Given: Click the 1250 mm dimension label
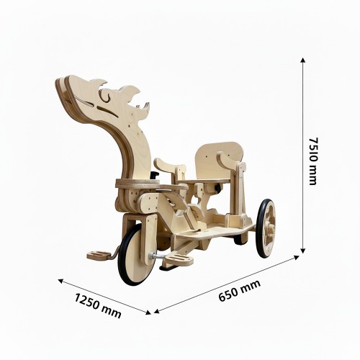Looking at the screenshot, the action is (x=98, y=305).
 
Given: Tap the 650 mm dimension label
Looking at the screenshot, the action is (x=240, y=290).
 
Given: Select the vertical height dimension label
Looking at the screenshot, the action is (x=312, y=161).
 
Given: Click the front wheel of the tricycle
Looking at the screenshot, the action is (x=132, y=254).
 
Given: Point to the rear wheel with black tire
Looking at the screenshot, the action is (x=266, y=228).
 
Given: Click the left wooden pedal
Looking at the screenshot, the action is (x=99, y=256).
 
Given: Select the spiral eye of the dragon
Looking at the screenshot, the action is (x=106, y=95).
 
